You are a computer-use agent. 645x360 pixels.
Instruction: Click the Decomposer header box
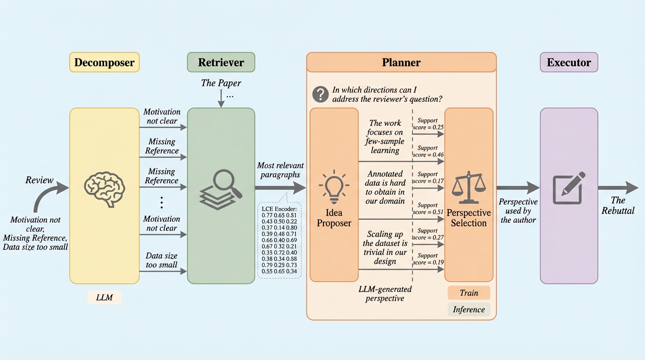[105, 62]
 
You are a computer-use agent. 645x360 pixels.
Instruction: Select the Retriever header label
[221, 62]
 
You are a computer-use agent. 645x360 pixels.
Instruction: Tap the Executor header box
[569, 62]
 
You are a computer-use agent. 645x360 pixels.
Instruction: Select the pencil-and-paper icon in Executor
[569, 187]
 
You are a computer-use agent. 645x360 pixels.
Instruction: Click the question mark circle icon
[320, 94]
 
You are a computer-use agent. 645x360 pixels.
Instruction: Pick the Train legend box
[469, 293]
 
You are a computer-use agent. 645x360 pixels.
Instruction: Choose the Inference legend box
[469, 309]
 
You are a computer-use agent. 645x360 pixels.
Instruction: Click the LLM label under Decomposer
[105, 298]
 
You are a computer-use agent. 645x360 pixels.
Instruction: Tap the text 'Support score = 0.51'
[428, 209]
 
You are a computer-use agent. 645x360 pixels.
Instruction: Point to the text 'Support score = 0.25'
[428, 123]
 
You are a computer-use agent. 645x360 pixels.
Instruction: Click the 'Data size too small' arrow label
[162, 260]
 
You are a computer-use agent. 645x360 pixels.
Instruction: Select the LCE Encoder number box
[279, 240]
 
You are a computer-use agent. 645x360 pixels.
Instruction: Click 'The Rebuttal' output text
[618, 206]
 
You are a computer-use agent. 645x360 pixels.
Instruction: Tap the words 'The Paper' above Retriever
[221, 83]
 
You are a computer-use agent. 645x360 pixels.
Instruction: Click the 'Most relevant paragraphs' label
[280, 170]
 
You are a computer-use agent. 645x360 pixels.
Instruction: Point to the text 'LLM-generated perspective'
[384, 293]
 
